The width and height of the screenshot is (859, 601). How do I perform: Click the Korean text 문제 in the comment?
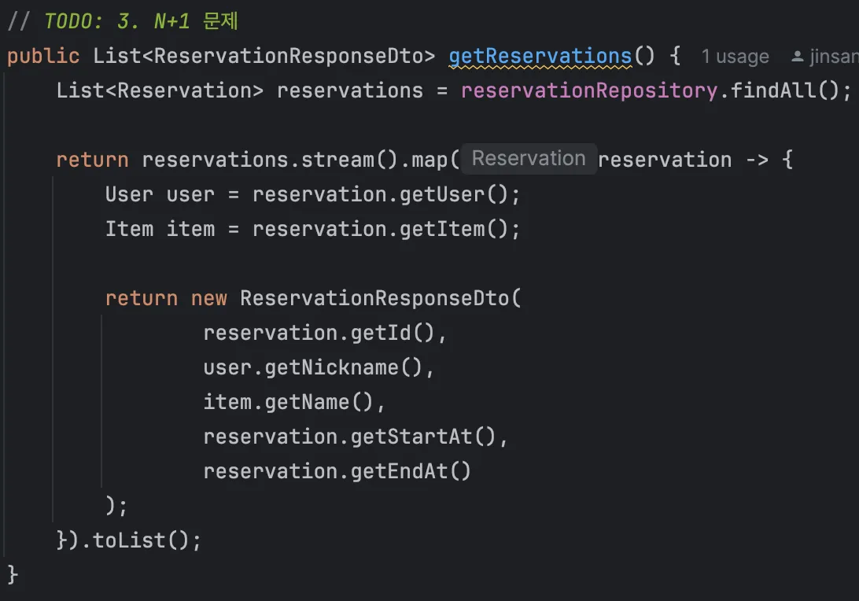coord(220,20)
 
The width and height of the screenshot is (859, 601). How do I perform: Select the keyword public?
coord(43,57)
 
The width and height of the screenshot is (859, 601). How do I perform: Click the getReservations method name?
coord(540,57)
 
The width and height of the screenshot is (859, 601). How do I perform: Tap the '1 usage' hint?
coord(735,57)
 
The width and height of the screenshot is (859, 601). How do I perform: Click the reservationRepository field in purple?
coord(589,91)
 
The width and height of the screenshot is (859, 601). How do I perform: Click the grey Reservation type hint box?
coord(529,159)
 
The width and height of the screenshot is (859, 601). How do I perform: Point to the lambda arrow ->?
coord(757,160)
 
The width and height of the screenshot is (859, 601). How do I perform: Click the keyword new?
coord(208,299)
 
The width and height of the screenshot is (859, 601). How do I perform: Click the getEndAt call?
coord(411,472)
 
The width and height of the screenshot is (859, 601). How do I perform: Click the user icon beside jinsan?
coord(798,57)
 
